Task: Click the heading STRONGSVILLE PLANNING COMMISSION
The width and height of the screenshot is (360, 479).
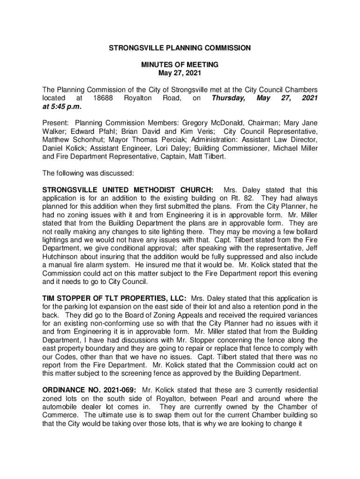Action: click(x=180, y=48)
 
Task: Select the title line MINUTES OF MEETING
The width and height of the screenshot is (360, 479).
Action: click(x=180, y=65)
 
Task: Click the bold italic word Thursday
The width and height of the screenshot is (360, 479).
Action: click(x=228, y=98)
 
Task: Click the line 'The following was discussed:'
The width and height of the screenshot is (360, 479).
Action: click(x=88, y=173)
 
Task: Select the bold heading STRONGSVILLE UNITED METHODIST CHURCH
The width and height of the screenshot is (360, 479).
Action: click(x=129, y=190)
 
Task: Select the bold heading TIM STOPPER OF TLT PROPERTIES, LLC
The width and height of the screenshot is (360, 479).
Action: click(x=115, y=298)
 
